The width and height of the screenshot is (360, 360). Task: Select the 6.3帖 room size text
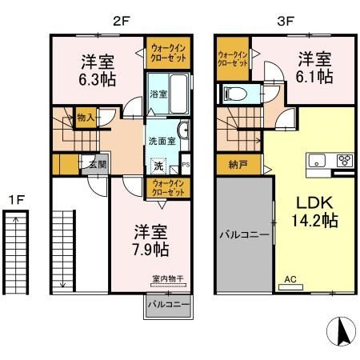(x=96, y=79)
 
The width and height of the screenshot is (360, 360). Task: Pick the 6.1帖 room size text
(x=314, y=77)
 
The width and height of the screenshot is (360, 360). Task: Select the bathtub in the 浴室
(x=177, y=93)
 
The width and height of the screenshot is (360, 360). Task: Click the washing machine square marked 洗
(x=158, y=166)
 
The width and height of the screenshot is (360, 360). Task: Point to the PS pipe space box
(x=185, y=166)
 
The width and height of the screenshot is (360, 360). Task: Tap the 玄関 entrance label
(x=96, y=165)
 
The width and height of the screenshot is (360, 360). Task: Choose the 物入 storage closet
(x=86, y=118)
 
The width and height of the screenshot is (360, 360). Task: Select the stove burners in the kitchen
(x=345, y=159)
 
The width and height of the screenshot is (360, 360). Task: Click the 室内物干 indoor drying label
(x=166, y=280)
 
